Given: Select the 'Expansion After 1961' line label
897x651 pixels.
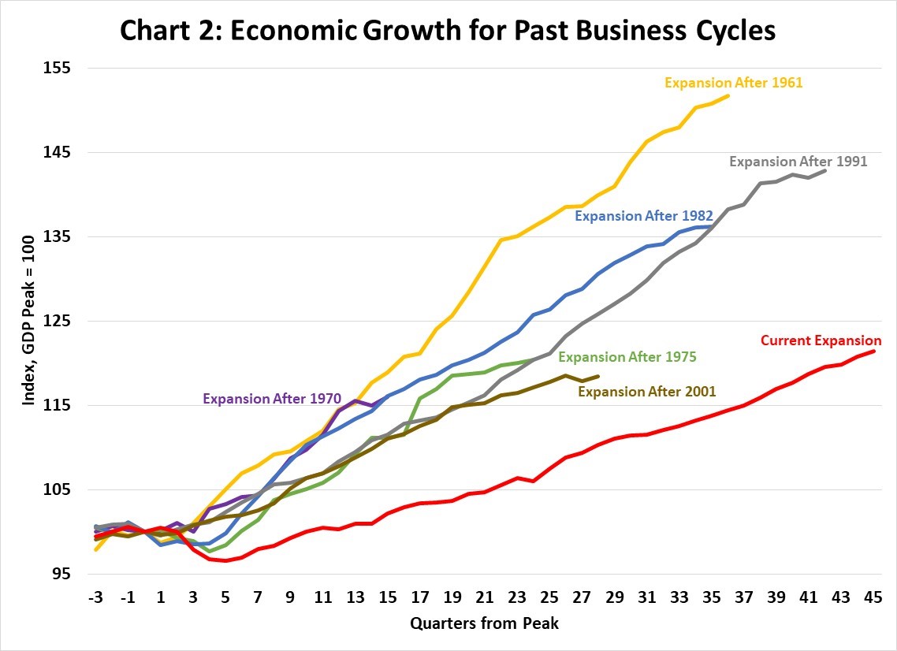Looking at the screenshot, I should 733,82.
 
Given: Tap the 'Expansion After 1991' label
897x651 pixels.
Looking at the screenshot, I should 798,162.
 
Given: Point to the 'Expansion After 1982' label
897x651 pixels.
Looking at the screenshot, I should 644,215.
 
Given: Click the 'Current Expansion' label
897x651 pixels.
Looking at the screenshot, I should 821,341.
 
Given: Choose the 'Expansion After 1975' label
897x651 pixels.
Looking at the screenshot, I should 627,357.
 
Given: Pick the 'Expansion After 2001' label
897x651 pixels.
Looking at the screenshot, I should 647,391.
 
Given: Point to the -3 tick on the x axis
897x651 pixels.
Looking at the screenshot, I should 95,597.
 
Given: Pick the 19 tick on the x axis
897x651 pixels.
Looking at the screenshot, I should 453,597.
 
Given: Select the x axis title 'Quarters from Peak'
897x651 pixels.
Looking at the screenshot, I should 484,623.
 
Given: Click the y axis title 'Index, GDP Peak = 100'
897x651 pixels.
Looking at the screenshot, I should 29,322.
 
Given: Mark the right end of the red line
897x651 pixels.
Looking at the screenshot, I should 874,351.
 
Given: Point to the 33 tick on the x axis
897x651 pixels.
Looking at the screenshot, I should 679,597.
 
